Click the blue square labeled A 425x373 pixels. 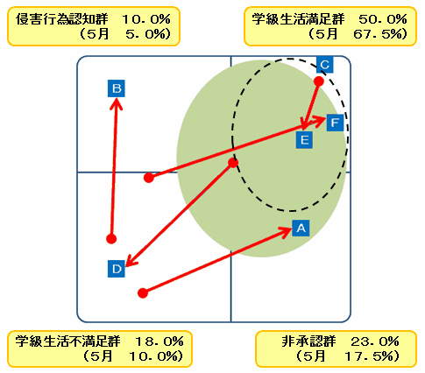pyautogui.click(x=301, y=228)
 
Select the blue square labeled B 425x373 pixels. pyautogui.click(x=117, y=88)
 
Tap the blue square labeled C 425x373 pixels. pyautogui.click(x=325, y=65)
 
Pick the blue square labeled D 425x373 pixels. pyautogui.click(x=117, y=269)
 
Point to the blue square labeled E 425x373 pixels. pyautogui.click(x=304, y=140)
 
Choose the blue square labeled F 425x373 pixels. pyautogui.click(x=335, y=123)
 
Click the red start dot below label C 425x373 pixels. pyautogui.click(x=319, y=81)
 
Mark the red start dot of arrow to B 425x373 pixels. pyautogui.click(x=111, y=239)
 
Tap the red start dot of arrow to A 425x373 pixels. pyautogui.click(x=143, y=292)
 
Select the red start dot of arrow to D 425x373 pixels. pyautogui.click(x=233, y=163)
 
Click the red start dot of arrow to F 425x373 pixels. pyautogui.click(x=149, y=178)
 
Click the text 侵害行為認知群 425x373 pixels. pyautogui.click(x=62, y=19)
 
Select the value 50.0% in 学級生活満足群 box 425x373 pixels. pyautogui.click(x=383, y=19)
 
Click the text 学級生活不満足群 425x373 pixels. pyautogui.click(x=68, y=341)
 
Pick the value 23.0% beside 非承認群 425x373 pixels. pyautogui.click(x=375, y=341)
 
